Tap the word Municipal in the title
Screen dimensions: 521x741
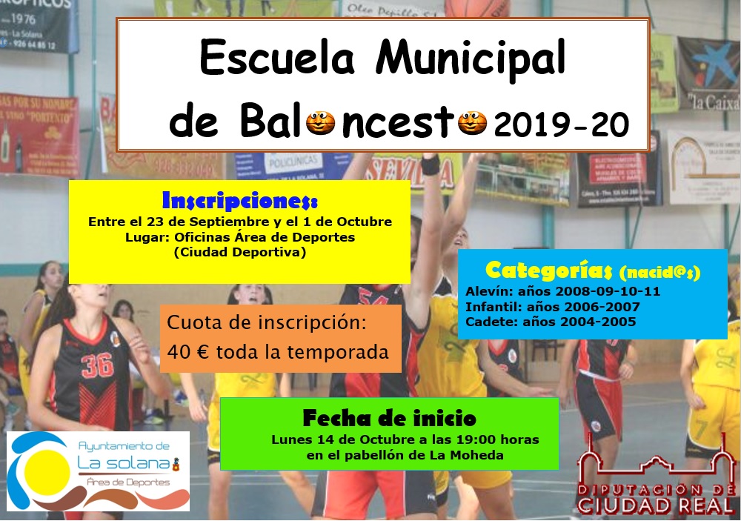point(471,58)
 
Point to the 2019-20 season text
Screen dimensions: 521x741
point(561,125)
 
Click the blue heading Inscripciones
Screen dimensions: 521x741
point(239,201)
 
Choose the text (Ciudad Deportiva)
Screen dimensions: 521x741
point(239,252)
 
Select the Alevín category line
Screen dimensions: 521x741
point(562,291)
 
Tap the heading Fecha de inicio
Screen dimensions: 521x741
point(389,419)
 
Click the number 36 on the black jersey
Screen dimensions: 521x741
point(97,364)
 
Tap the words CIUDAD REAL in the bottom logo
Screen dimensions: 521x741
point(656,506)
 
